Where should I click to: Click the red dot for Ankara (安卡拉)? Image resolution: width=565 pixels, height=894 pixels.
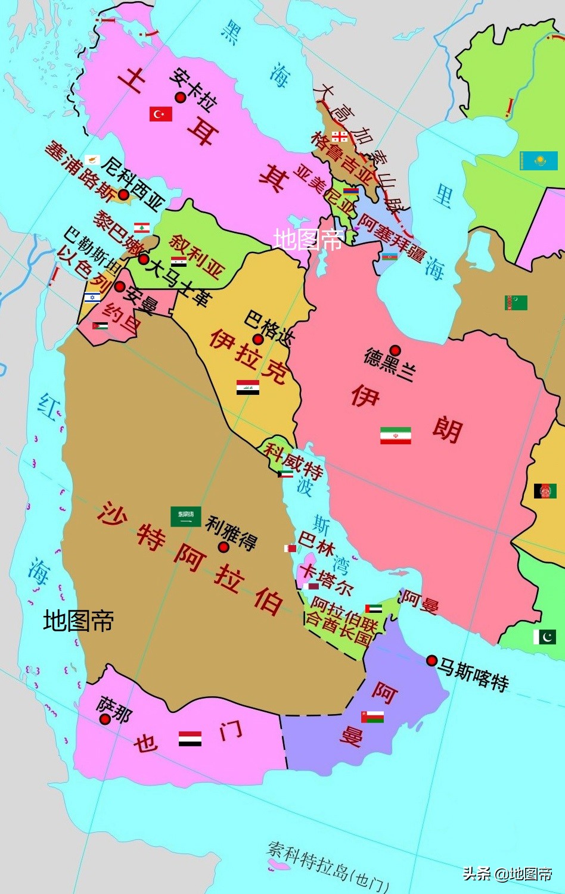pyautogui.click(x=180, y=97)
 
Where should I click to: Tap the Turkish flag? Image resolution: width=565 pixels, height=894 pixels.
pyautogui.click(x=160, y=114)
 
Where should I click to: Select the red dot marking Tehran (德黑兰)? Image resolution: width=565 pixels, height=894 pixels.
pyautogui.click(x=395, y=350)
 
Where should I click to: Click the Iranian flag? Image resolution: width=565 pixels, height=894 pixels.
pyautogui.click(x=396, y=435)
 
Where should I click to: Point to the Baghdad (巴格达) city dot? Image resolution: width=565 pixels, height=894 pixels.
pyautogui.click(x=258, y=339)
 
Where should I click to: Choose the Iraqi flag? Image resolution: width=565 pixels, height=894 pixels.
pyautogui.click(x=247, y=388)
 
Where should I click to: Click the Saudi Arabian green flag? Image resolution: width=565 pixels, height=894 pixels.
pyautogui.click(x=185, y=516)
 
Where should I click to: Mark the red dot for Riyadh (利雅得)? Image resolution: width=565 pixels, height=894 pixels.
pyautogui.click(x=223, y=547)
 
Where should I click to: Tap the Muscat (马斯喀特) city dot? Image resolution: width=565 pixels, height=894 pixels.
pyautogui.click(x=431, y=660)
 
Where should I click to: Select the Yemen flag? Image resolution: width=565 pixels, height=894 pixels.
pyautogui.click(x=190, y=739)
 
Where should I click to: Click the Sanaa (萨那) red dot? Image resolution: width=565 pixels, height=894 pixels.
pyautogui.click(x=105, y=719)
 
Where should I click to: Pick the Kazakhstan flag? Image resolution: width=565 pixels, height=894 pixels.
pyautogui.click(x=538, y=160)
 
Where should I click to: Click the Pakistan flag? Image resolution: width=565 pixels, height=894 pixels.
pyautogui.click(x=544, y=637)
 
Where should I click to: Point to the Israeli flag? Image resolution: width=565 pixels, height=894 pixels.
pyautogui.click(x=92, y=297)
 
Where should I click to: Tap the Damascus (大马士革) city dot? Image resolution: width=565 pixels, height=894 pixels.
pyautogui.click(x=143, y=259)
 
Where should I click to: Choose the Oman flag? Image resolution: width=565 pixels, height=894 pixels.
pyautogui.click(x=372, y=717)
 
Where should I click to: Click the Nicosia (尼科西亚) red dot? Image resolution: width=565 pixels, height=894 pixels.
pyautogui.click(x=123, y=194)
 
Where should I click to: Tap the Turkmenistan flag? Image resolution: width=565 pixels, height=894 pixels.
pyautogui.click(x=516, y=303)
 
